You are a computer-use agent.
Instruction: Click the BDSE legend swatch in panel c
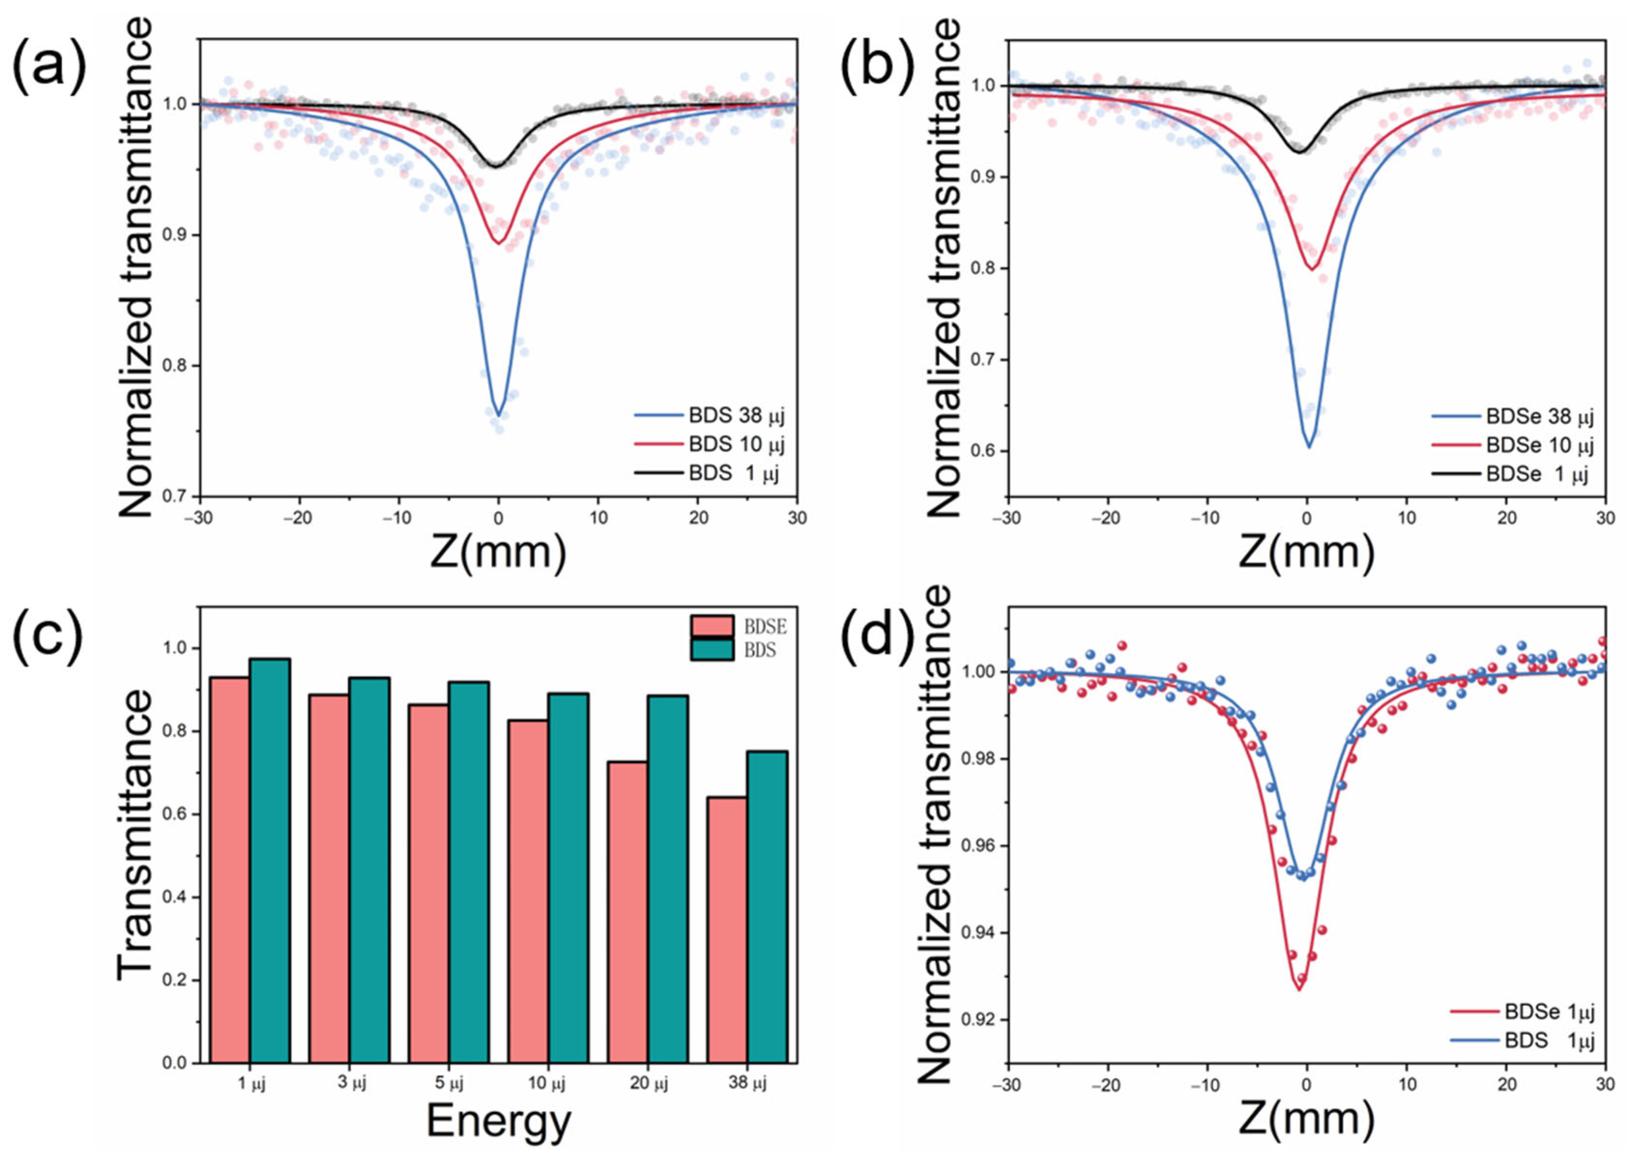[711, 626]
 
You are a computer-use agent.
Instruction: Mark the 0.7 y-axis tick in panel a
[178, 497]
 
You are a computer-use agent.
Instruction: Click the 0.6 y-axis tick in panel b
[986, 451]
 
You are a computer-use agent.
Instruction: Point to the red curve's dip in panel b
[1311, 269]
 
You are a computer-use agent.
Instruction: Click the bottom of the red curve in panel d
[1298, 989]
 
